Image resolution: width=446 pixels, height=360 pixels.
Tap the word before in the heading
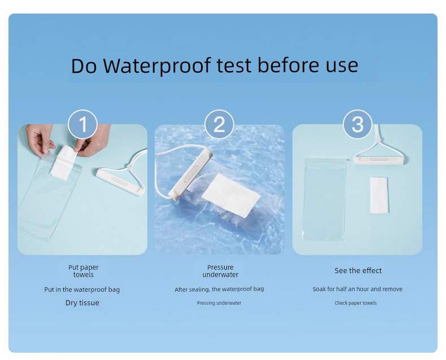click(288, 65)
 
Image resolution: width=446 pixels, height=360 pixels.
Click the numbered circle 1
click(83, 124)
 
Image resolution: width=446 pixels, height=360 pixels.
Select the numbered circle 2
click(219, 124)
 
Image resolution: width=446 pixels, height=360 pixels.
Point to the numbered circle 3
click(357, 124)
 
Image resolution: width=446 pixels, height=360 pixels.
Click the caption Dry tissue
click(82, 302)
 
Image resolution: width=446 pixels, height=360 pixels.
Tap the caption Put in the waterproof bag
click(82, 289)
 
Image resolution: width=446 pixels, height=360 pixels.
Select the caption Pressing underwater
click(219, 303)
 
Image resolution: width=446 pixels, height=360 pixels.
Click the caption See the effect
click(358, 270)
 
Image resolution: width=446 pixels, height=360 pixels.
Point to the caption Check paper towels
click(356, 303)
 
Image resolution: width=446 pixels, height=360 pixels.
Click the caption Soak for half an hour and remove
click(357, 289)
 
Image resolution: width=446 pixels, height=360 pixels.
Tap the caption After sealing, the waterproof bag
click(219, 289)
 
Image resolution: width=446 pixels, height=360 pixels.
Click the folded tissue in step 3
click(379, 195)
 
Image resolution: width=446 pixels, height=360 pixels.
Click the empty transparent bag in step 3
click(325, 200)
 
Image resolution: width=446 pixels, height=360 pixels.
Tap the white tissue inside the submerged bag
click(231, 195)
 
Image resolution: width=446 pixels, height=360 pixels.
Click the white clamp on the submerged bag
click(190, 174)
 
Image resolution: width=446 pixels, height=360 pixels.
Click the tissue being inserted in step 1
click(63, 163)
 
